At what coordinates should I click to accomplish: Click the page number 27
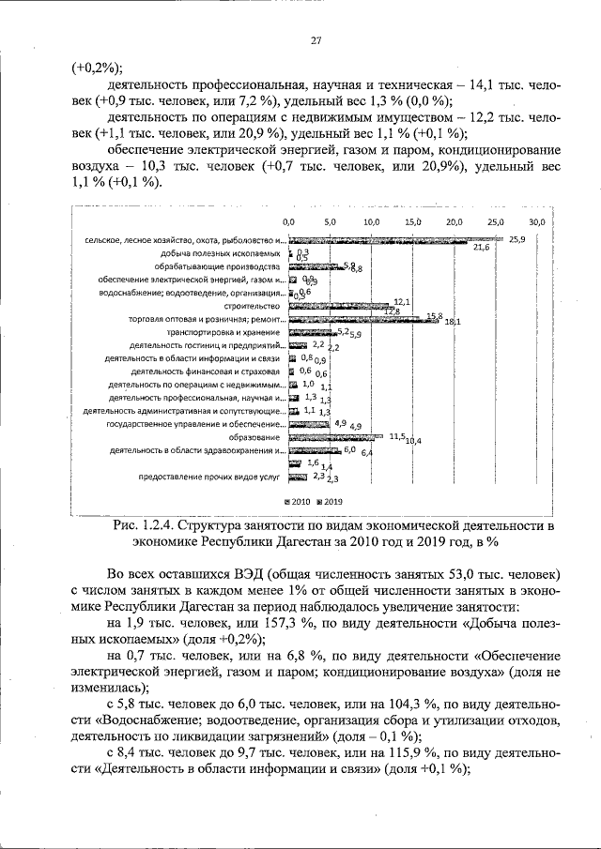coord(316,39)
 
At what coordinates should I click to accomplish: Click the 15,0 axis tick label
coord(412,221)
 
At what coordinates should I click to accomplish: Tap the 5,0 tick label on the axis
coord(330,221)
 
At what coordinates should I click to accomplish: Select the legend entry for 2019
coord(333,502)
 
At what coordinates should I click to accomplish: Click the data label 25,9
coord(517,239)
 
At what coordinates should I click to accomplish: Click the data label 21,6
coord(481,248)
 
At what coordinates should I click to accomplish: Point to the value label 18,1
coord(452,322)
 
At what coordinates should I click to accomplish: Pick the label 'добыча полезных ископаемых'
coord(221,253)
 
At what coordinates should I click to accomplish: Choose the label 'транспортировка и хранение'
coord(223,332)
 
